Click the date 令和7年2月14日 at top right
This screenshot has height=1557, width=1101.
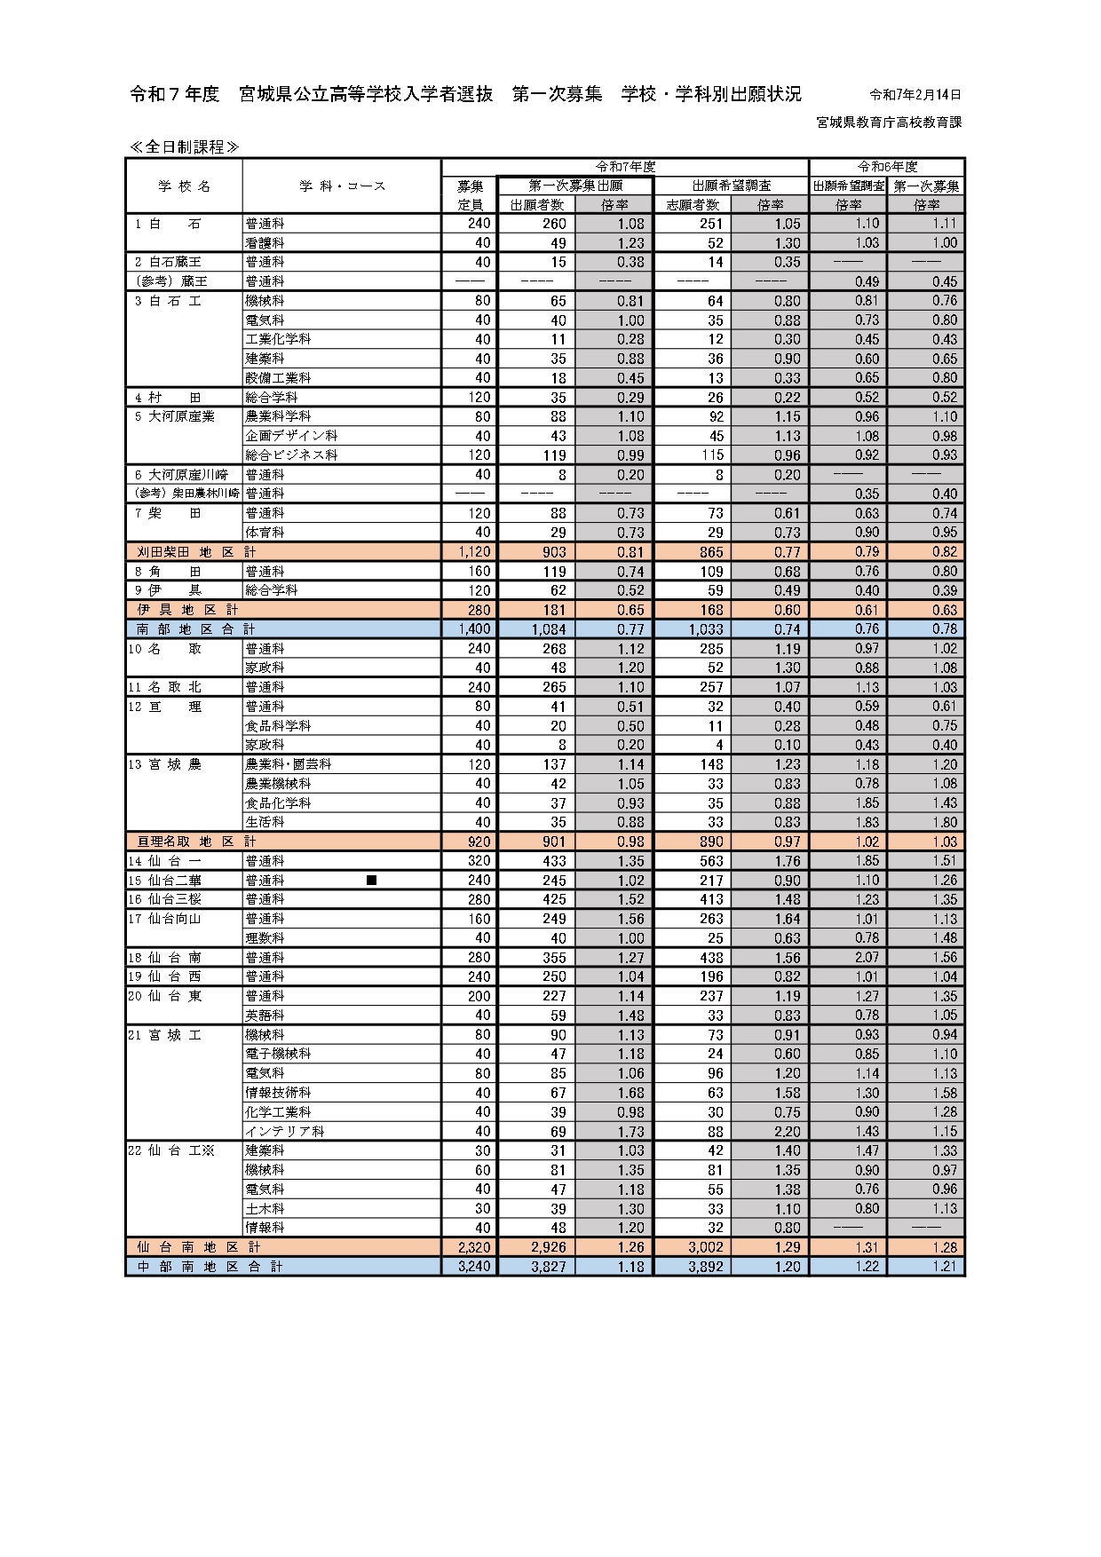[x=915, y=95]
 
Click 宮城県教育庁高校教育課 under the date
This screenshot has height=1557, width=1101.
[x=889, y=123]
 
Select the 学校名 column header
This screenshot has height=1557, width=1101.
[x=185, y=186]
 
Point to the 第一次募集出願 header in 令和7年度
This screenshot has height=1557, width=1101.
[x=575, y=186]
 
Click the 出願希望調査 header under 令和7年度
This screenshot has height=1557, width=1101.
[x=732, y=186]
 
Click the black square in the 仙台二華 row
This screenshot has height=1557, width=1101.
[x=372, y=881]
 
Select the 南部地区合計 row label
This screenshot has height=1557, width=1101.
[x=196, y=629]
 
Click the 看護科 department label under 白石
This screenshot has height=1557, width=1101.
[x=265, y=243]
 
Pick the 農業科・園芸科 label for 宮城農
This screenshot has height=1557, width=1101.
[x=289, y=764]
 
